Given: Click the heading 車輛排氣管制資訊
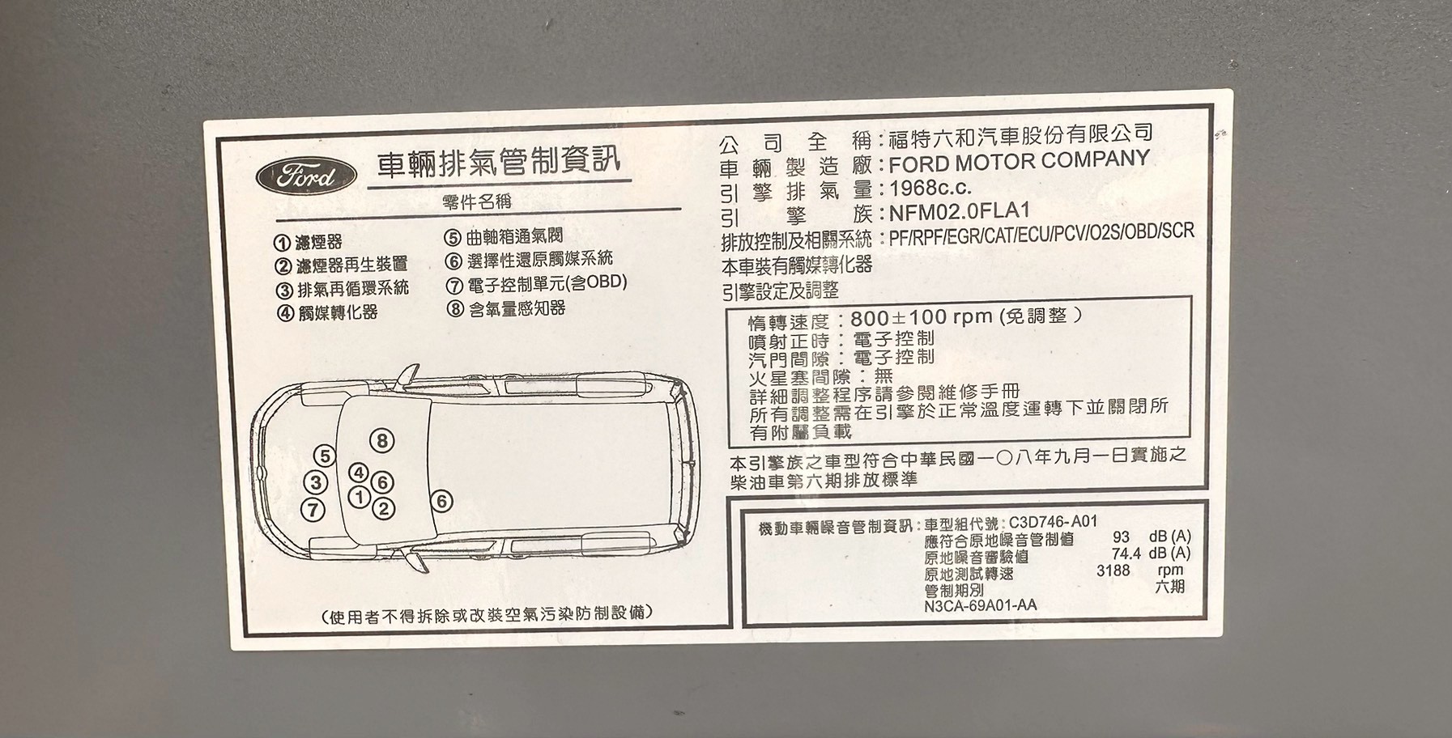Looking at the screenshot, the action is [x=499, y=162].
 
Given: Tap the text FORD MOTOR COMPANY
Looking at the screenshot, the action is [x=1019, y=161].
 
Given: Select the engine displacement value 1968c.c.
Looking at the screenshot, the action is [x=930, y=188].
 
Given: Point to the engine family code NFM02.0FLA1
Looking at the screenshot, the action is [x=960, y=212].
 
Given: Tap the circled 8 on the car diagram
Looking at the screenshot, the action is [x=382, y=441].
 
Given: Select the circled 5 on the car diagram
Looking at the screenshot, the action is [x=325, y=456].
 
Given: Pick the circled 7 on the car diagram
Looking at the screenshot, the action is [x=313, y=510].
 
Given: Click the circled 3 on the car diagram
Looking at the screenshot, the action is [x=315, y=483].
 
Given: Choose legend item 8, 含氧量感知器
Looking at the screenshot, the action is [x=506, y=308].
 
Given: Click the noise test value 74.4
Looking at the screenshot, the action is [x=1126, y=553].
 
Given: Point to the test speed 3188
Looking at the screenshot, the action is [x=1113, y=570].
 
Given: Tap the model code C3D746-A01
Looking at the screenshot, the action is [x=1053, y=523].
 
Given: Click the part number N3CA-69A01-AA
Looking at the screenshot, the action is [x=980, y=605].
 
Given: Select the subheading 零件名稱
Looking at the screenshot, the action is [x=477, y=202].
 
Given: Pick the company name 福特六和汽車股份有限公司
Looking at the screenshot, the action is [x=1020, y=134].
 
